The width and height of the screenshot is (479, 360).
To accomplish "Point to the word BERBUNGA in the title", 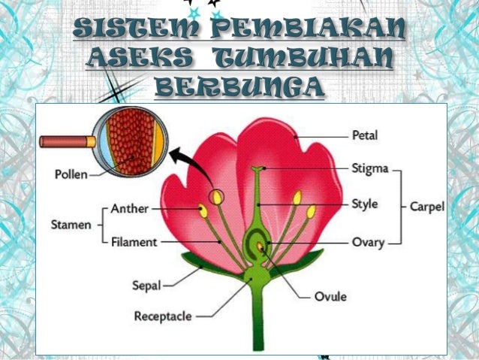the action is tap(238, 88).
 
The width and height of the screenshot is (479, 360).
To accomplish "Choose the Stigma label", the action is tap(369, 169).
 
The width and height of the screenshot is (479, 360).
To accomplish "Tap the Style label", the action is tap(365, 204).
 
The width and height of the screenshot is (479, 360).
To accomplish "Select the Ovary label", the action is tap(368, 243).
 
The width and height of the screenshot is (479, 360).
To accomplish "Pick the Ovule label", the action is tap(330, 296).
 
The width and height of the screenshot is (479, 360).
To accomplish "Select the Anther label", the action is tap(129, 208).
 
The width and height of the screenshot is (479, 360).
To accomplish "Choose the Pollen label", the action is tap(71, 175).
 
